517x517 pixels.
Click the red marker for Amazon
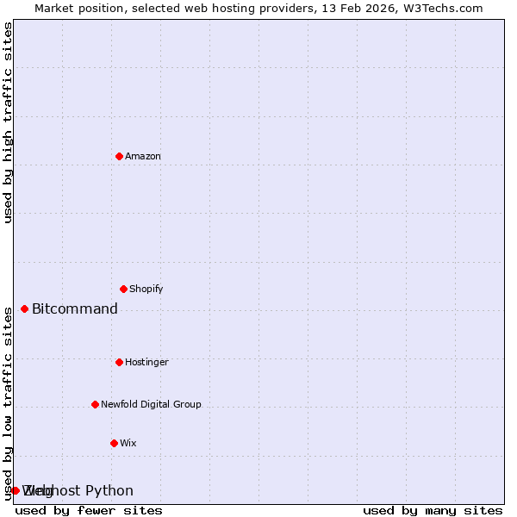pyautogui.click(x=119, y=156)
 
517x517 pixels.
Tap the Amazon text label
pyautogui.click(x=143, y=156)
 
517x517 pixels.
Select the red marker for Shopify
pyautogui.click(x=123, y=289)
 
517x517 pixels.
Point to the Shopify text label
pyautogui.click(x=146, y=289)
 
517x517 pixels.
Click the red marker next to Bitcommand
pyautogui.click(x=24, y=308)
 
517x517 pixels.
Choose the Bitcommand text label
pyautogui.click(x=75, y=309)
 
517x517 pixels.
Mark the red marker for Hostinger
pyautogui.click(x=119, y=362)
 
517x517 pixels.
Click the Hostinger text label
pyautogui.click(x=146, y=362)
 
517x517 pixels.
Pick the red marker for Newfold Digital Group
pyautogui.click(x=95, y=404)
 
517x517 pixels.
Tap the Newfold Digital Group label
pyautogui.click(x=151, y=404)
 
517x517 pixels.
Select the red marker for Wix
pyautogui.click(x=114, y=443)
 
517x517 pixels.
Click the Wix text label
pyautogui.click(x=128, y=443)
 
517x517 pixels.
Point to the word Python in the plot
pyautogui.click(x=109, y=491)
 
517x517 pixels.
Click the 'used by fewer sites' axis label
pyautogui.click(x=89, y=511)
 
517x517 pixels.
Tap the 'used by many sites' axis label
pyautogui.click(x=433, y=511)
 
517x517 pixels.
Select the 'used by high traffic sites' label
pyautogui.click(x=8, y=122)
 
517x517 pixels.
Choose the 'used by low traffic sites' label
pyautogui.click(x=8, y=402)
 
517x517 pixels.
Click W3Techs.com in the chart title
pyautogui.click(x=441, y=8)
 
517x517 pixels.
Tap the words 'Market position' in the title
pyautogui.click(x=75, y=8)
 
